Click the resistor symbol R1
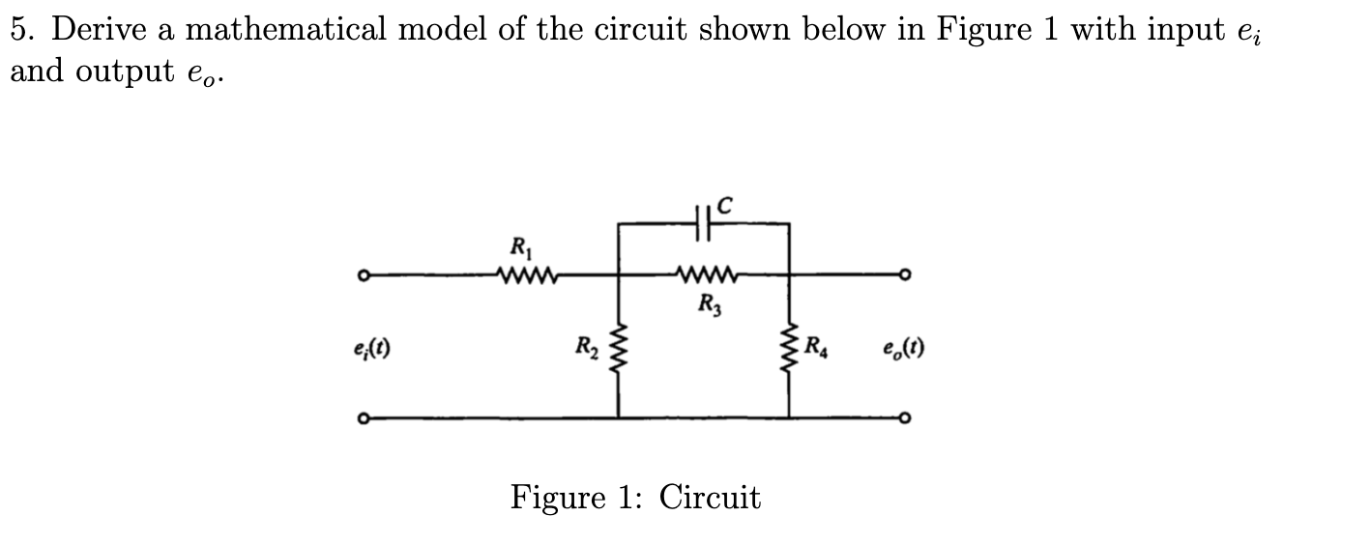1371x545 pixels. coord(525,276)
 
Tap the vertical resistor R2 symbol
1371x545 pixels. coord(619,346)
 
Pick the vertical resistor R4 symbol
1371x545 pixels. coord(790,346)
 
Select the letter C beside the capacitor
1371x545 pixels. coord(726,204)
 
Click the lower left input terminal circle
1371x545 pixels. coord(361,418)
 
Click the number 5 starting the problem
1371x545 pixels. coord(19,31)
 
